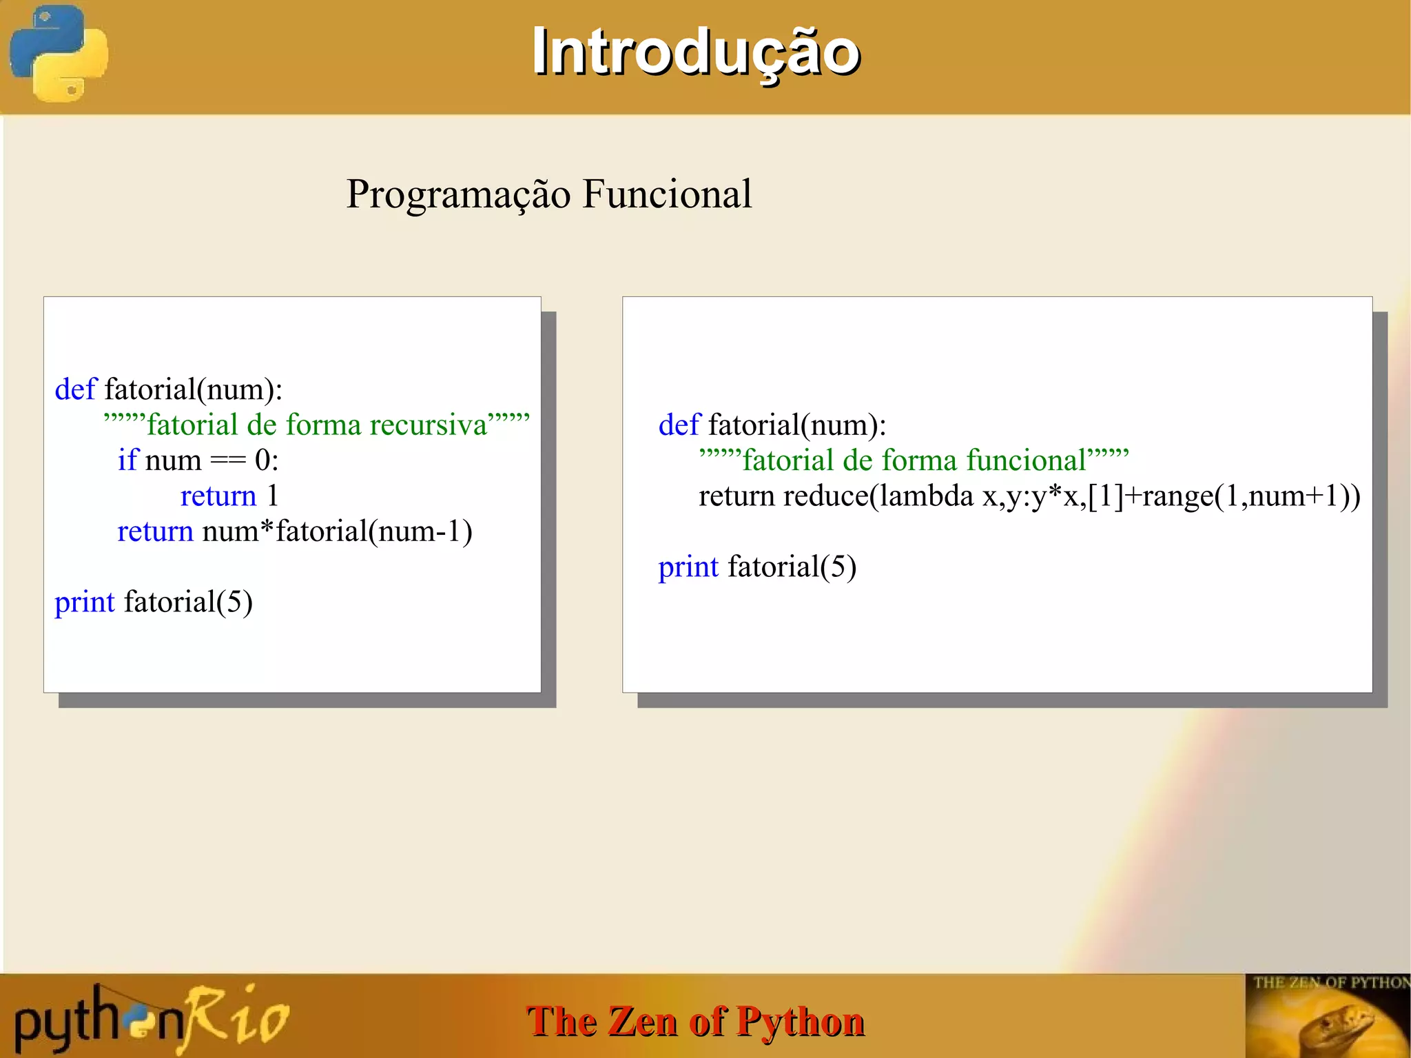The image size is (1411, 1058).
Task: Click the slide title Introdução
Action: point(696,52)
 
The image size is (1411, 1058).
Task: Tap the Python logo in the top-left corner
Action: point(59,54)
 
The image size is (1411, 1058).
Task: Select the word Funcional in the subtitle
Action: point(667,194)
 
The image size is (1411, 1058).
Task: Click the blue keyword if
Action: point(127,460)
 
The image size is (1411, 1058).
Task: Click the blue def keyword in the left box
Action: point(75,389)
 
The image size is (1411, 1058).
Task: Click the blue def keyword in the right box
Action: point(679,425)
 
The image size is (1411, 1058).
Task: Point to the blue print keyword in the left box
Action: point(84,602)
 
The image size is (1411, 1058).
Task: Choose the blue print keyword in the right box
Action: point(688,567)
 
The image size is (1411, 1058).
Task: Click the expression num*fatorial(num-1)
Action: point(337,531)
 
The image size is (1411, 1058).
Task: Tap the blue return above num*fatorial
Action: point(155,531)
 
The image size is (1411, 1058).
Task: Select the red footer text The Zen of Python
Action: point(695,1021)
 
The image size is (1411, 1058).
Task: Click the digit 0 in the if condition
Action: point(262,460)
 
